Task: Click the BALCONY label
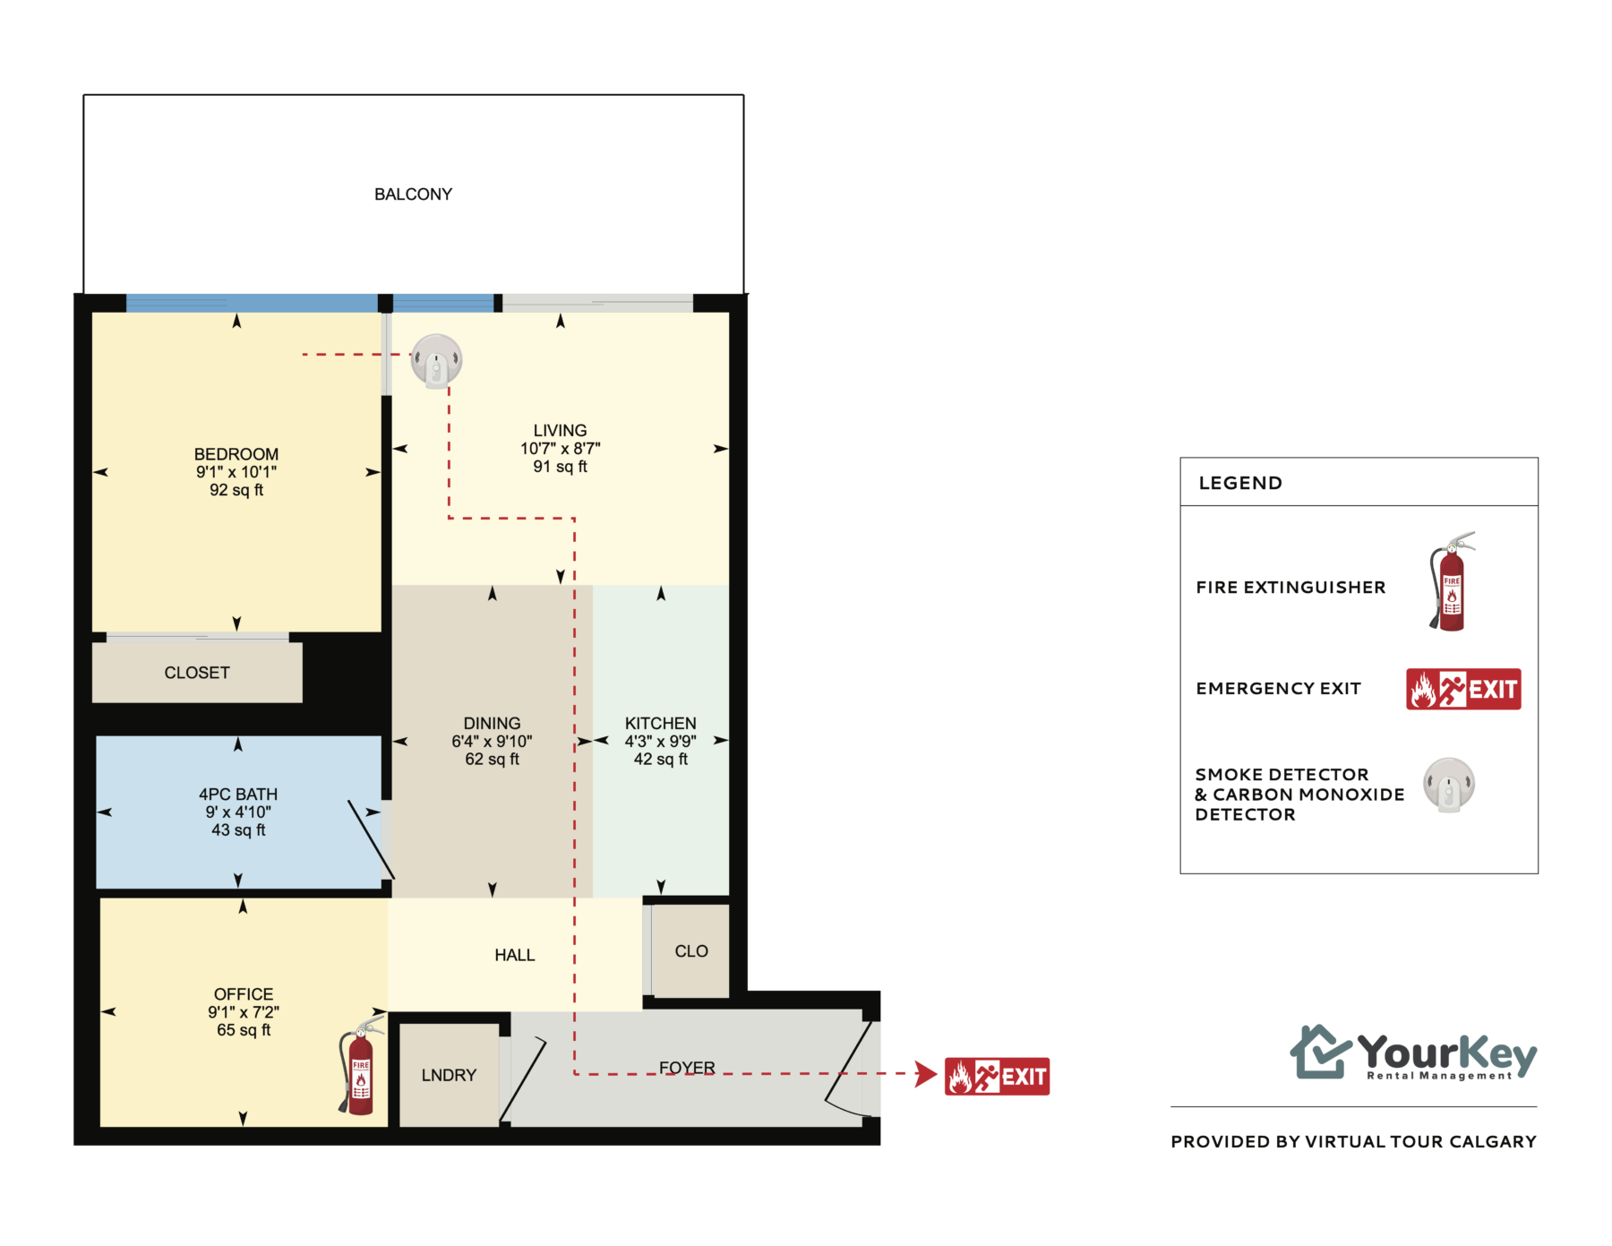point(413,194)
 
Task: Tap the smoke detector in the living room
point(436,360)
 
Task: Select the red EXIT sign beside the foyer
point(997,1076)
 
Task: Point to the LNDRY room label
point(449,1075)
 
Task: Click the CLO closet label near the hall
point(691,951)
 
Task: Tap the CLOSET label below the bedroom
point(197,673)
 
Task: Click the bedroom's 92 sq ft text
point(236,490)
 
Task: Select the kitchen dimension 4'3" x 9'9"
point(661,741)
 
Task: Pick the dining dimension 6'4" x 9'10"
point(492,741)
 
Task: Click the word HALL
point(515,955)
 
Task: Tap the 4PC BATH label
point(238,795)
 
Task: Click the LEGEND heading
point(1240,483)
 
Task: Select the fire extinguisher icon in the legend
point(1451,581)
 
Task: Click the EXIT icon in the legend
point(1463,689)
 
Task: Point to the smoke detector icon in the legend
point(1449,785)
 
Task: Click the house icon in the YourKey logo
point(1320,1052)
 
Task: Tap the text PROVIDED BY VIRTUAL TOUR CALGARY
point(1353,1141)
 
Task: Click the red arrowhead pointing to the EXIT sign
point(926,1073)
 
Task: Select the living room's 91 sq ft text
point(561,467)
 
